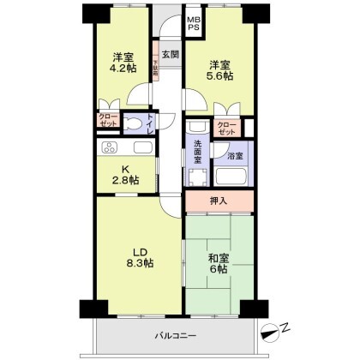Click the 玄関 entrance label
click(x=170, y=55)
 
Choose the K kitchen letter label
click(x=122, y=167)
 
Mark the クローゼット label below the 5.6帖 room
click(x=226, y=129)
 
